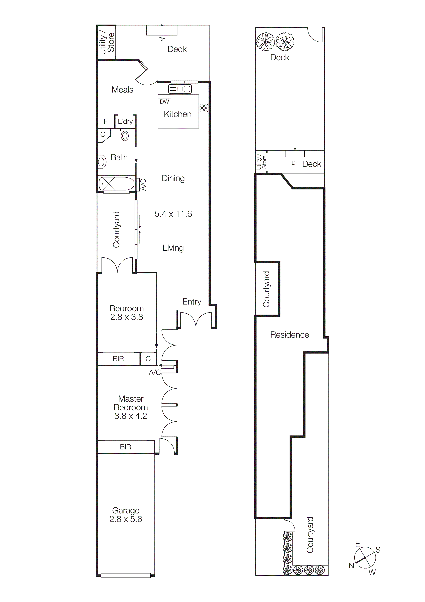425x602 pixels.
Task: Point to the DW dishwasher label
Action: pos(164,102)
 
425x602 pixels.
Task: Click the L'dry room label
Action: pos(125,121)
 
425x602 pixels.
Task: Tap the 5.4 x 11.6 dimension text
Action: pos(173,214)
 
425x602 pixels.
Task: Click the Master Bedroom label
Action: pos(131,407)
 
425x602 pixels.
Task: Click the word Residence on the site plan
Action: pos(289,335)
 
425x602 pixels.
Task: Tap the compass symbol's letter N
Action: pos(351,566)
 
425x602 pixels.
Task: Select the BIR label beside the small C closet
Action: pos(118,359)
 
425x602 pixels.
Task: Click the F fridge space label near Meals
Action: pos(106,121)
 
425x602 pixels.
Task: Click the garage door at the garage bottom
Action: pos(125,576)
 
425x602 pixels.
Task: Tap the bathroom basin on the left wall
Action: pos(102,162)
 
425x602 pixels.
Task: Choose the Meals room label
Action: pos(122,90)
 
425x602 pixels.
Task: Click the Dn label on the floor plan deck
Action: pos(162,39)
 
